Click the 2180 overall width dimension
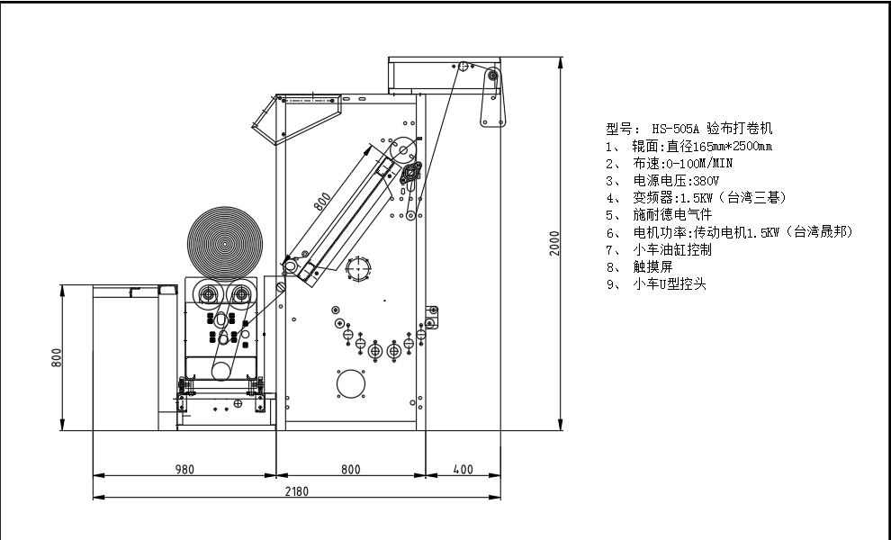point(297,491)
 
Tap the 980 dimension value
point(184,470)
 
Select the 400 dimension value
point(463,470)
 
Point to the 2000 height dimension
point(554,243)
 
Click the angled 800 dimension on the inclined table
point(322,202)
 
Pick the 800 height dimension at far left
point(57,357)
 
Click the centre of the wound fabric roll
point(225,244)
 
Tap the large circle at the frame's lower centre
point(351,384)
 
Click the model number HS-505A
point(675,129)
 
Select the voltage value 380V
point(706,181)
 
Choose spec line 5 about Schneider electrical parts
point(659,215)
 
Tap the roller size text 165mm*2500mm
point(733,147)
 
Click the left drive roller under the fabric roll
point(208,294)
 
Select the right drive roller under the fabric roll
point(241,294)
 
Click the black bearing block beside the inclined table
point(410,173)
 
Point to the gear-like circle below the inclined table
point(358,268)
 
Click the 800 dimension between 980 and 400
point(351,470)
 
